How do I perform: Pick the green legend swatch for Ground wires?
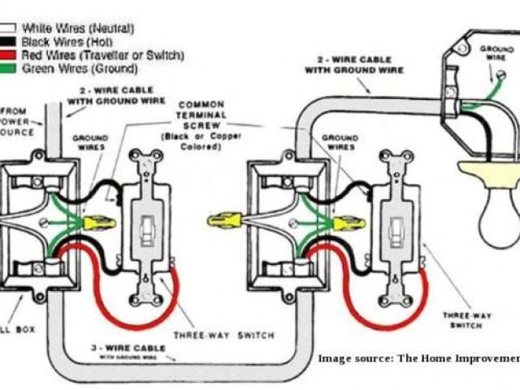click(7, 68)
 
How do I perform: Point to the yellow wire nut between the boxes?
click(223, 219)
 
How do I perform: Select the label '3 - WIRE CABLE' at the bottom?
click(131, 348)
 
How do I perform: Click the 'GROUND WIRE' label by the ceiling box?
click(496, 54)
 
